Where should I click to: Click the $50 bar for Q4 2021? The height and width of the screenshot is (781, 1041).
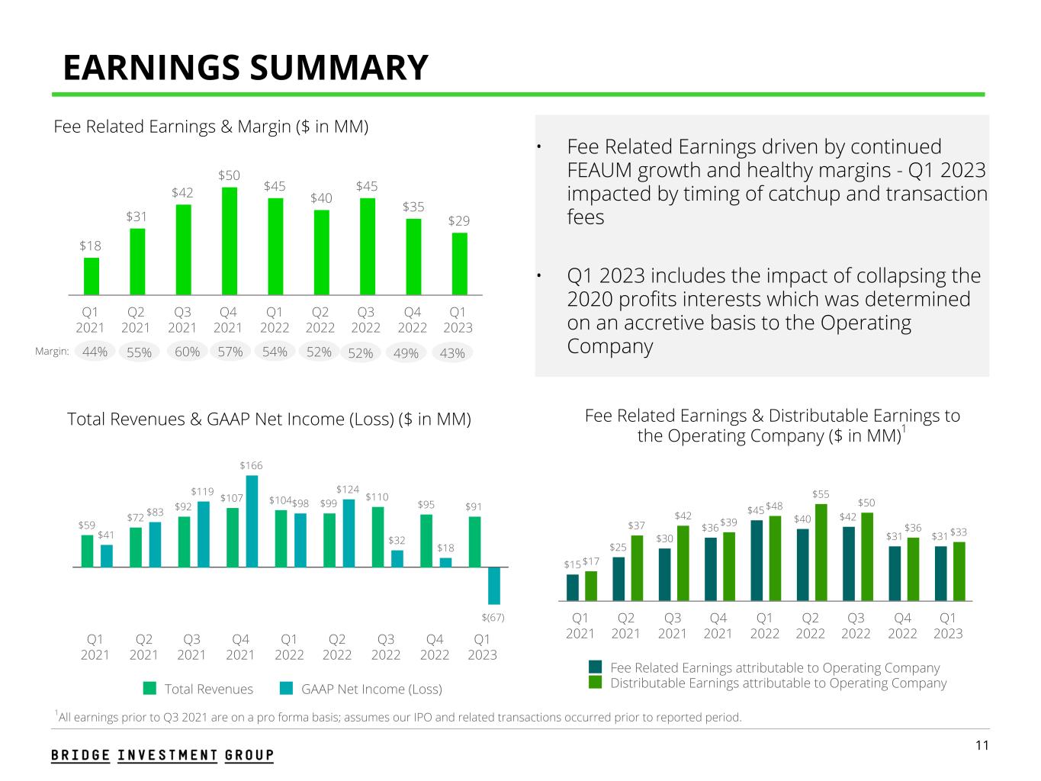tap(229, 240)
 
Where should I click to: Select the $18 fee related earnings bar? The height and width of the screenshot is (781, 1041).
tap(92, 276)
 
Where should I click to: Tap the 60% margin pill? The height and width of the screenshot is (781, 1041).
tap(188, 352)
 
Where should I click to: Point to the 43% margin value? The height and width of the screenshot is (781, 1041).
tap(452, 353)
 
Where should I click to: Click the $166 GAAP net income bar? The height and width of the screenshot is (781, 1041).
tap(252, 521)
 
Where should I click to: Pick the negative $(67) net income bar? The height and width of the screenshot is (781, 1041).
tap(494, 586)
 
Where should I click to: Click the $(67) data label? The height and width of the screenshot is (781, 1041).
tap(493, 616)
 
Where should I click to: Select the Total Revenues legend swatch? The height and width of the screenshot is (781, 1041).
tap(150, 689)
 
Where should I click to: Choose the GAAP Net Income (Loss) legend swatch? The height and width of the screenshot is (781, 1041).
tap(287, 689)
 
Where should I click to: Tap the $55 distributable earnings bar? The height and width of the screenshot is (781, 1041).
tap(821, 552)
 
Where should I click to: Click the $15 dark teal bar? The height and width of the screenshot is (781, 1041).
tap(573, 587)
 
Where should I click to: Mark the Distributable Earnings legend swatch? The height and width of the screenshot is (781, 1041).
tap(596, 683)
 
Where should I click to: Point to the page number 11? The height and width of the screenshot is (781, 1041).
tap(982, 745)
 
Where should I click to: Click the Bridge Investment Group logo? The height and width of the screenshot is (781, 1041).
tap(162, 755)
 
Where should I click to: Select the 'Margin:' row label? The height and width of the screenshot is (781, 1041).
tap(53, 352)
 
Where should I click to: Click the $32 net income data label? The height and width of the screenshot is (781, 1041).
tap(397, 540)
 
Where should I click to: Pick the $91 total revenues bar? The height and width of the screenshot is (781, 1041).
tap(474, 542)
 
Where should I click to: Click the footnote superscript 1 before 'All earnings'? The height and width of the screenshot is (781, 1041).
tap(56, 713)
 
